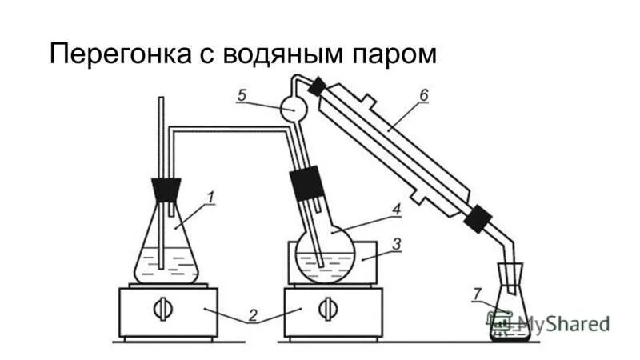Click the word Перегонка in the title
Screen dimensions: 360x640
click(x=117, y=55)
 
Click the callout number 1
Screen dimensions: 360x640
click(x=210, y=196)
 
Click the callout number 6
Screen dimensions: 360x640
click(x=423, y=95)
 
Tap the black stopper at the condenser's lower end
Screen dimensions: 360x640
click(x=478, y=218)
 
